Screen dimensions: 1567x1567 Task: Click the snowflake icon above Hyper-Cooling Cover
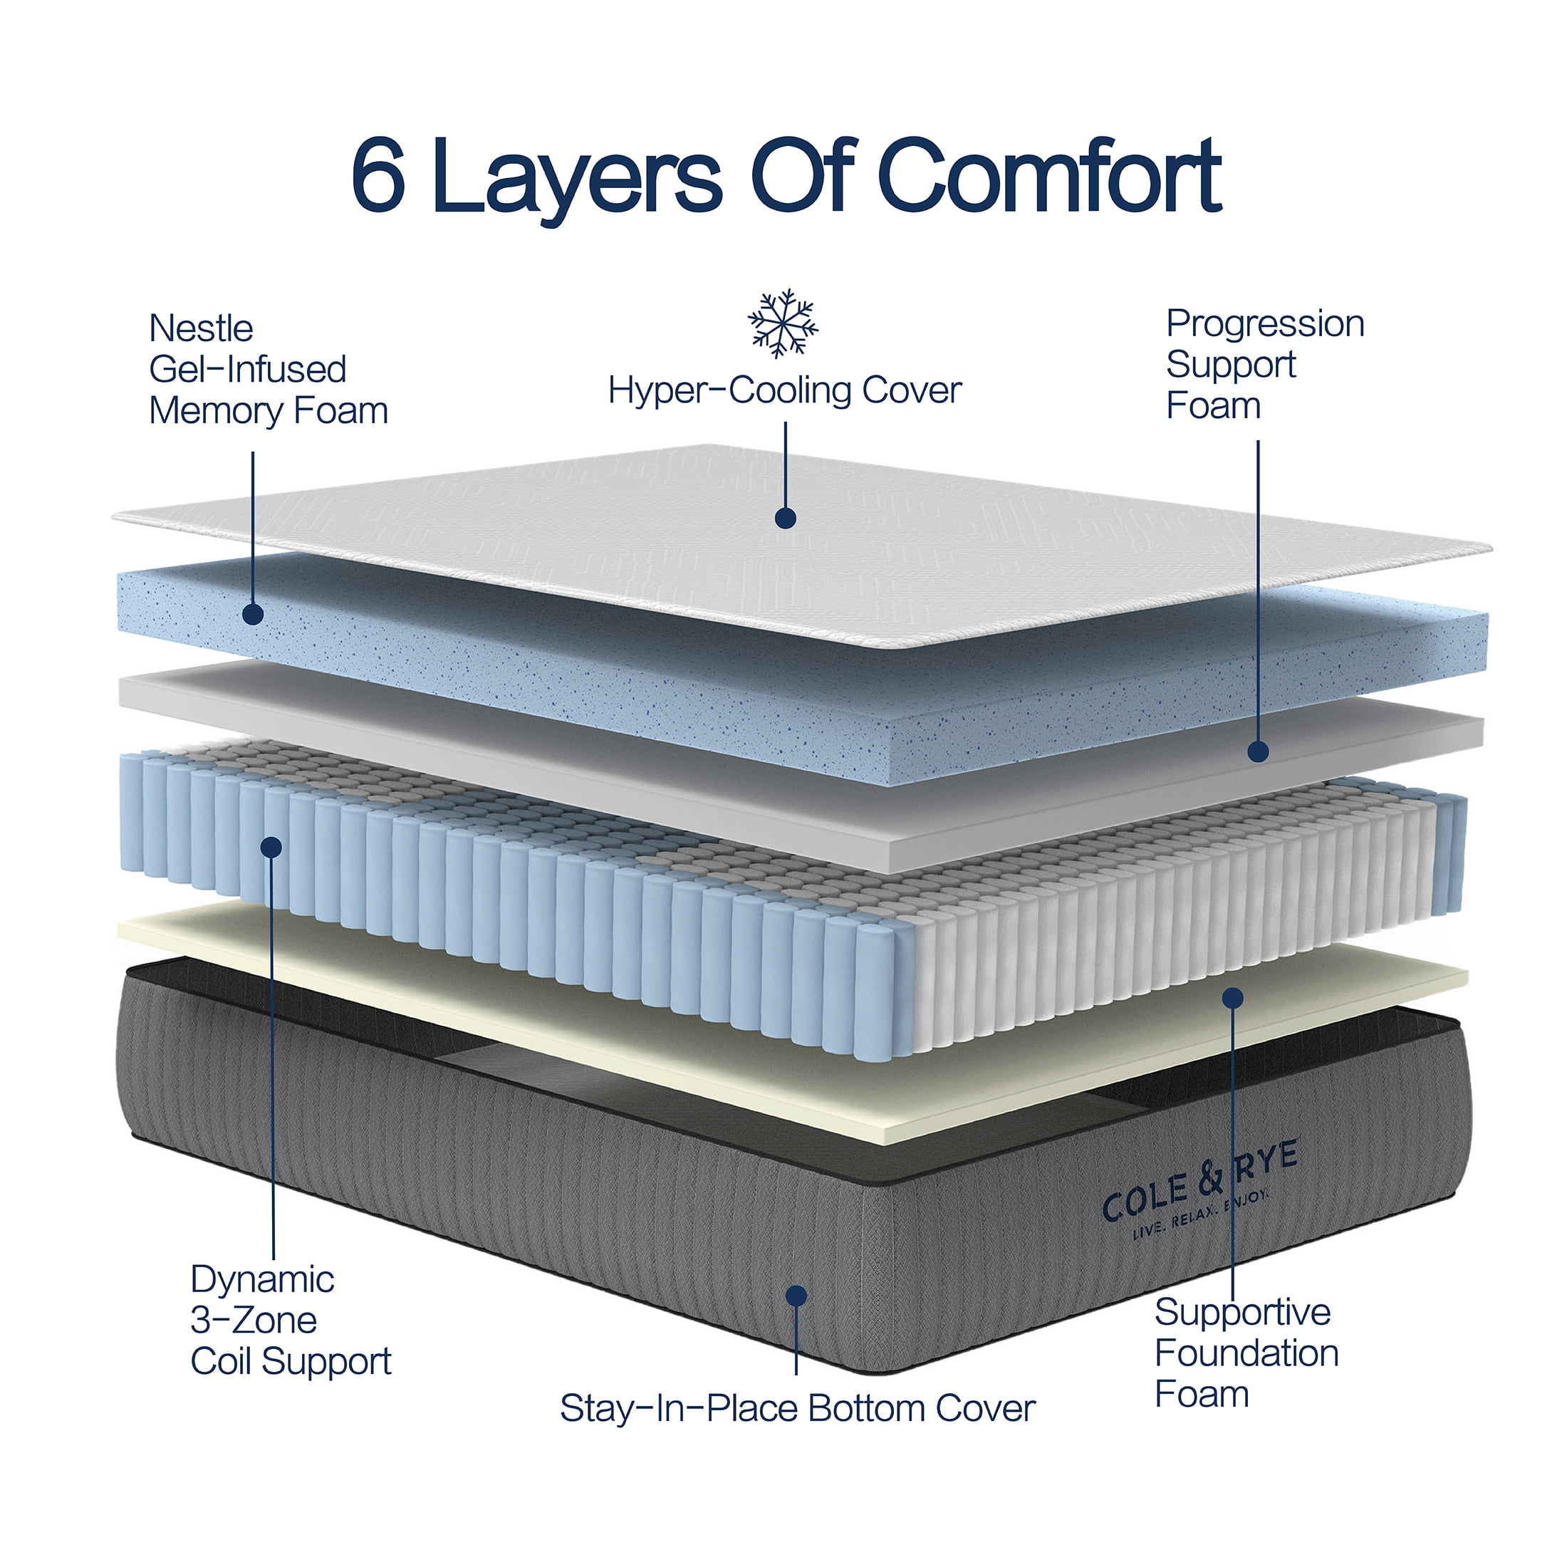pos(783,323)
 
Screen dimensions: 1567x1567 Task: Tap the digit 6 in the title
pos(379,176)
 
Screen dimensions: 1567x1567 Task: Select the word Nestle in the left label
pos(201,328)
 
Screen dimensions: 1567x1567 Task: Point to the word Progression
pos(1264,323)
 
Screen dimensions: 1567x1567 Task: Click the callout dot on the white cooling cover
pos(785,519)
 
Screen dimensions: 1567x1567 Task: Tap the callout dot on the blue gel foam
pos(253,614)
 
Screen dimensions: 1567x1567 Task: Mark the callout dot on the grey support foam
pos(1258,751)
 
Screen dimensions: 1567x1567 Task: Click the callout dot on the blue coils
pos(271,847)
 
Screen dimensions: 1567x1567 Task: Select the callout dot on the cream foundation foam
pos(1233,998)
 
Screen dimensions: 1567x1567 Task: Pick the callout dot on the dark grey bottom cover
pos(796,1296)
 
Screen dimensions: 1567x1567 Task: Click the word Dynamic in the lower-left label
pos(262,1280)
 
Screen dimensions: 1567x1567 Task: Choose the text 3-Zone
pos(253,1321)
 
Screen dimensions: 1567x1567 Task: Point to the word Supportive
pos(1243,1312)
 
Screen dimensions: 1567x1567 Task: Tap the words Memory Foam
pos(269,410)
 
